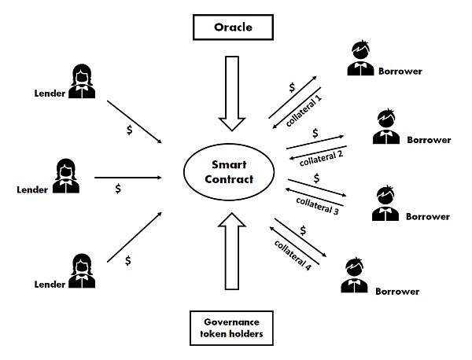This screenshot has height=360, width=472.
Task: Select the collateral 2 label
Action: pos(318,156)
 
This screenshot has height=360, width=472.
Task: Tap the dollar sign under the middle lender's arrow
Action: pos(118,189)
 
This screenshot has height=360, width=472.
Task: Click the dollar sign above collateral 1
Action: pos(293,86)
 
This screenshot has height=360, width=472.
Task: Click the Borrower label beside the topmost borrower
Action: pos(400,72)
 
